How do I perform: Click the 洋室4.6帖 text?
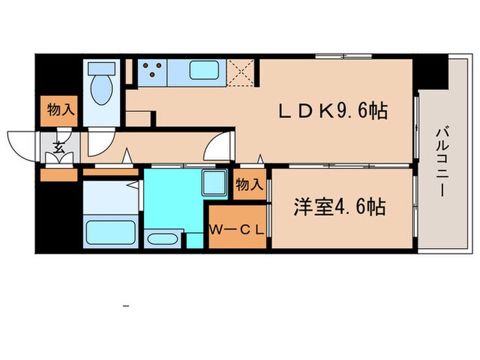click(x=339, y=206)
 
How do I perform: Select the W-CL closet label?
click(x=237, y=229)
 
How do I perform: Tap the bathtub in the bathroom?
click(x=110, y=230)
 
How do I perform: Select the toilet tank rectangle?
click(x=100, y=69)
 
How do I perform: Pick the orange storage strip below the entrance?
click(x=59, y=175)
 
